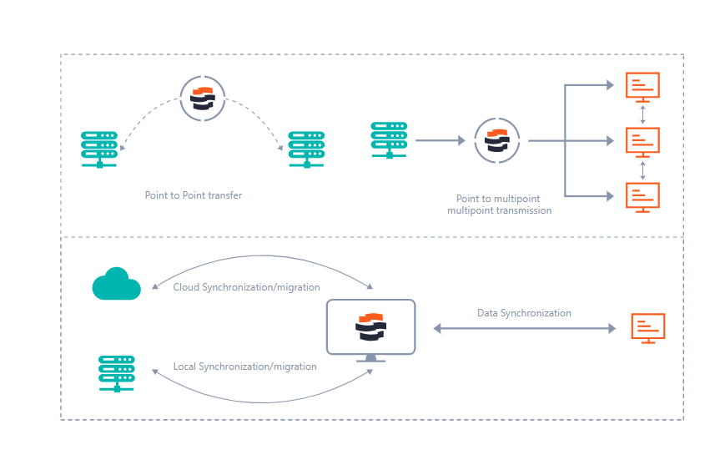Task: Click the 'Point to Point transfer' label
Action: pyautogui.click(x=194, y=195)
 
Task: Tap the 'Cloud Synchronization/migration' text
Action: pyautogui.click(x=246, y=287)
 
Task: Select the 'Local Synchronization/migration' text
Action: pyautogui.click(x=244, y=367)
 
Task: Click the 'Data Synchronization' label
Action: pyautogui.click(x=524, y=313)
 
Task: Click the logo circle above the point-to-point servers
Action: pyautogui.click(x=203, y=99)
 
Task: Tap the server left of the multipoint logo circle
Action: pyautogui.click(x=389, y=139)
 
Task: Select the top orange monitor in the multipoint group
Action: pyautogui.click(x=642, y=86)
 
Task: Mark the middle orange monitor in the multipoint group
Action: pyautogui.click(x=642, y=141)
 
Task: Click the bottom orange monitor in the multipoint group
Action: pyautogui.click(x=642, y=196)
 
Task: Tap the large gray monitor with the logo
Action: pyautogui.click(x=370, y=328)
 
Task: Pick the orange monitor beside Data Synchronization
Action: pyautogui.click(x=648, y=328)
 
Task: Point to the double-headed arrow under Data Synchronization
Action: pyautogui.click(x=524, y=329)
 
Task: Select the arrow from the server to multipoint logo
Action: pyautogui.click(x=440, y=141)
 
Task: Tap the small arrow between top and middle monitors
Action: pyautogui.click(x=642, y=114)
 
